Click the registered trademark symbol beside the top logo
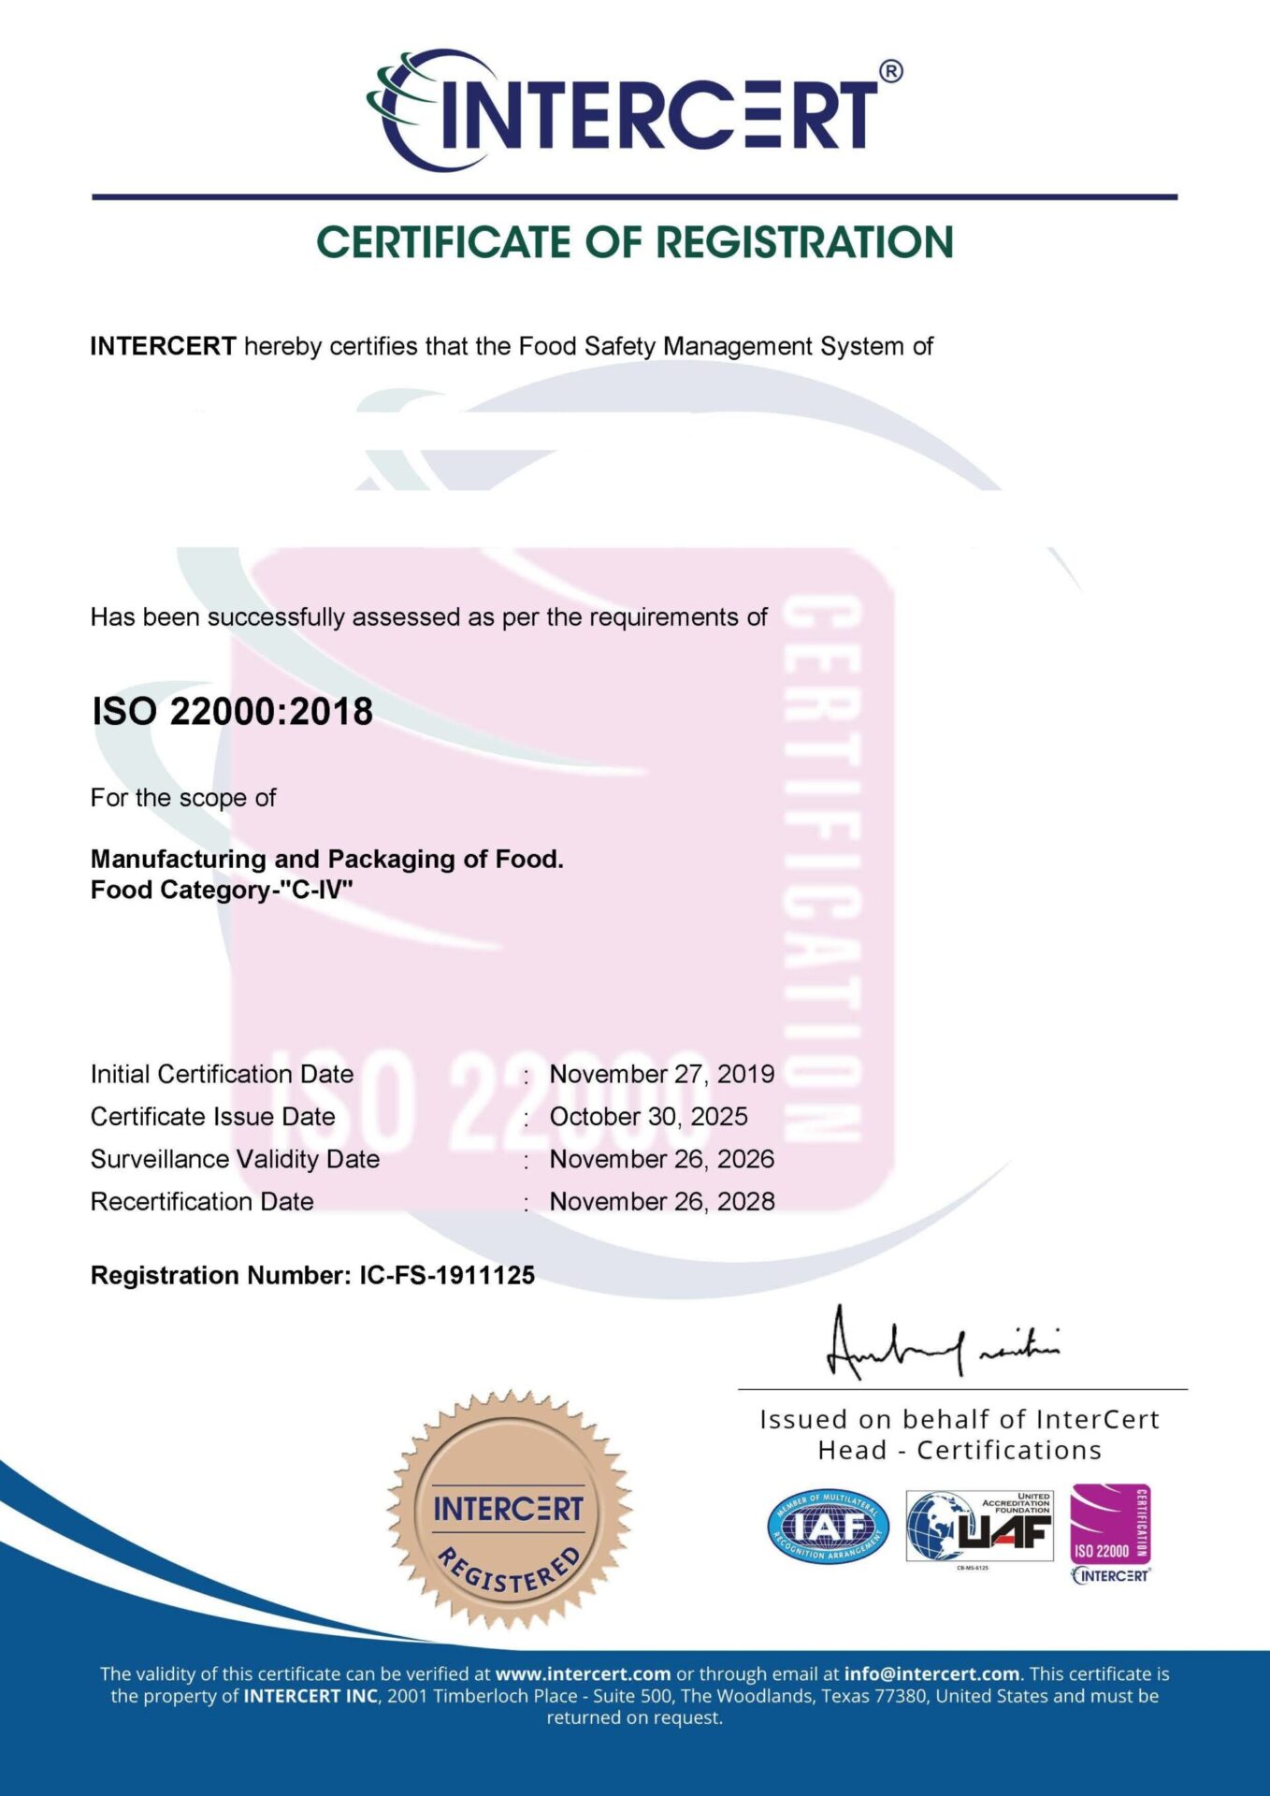[x=891, y=72]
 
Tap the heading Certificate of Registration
[x=634, y=242]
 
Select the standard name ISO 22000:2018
[x=232, y=712]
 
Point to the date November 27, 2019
[x=661, y=1074]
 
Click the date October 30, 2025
[x=648, y=1116]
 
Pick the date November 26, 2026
[x=661, y=1159]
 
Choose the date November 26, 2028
[x=661, y=1201]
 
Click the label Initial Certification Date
[x=222, y=1074]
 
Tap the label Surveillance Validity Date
[x=235, y=1159]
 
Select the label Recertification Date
[x=202, y=1201]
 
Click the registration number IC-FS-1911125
[x=447, y=1275]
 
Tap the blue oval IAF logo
[x=828, y=1527]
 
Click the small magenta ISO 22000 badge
[x=1110, y=1527]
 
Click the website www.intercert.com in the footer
[x=583, y=1673]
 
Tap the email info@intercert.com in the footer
[x=931, y=1673]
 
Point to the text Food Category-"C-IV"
[x=222, y=890]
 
